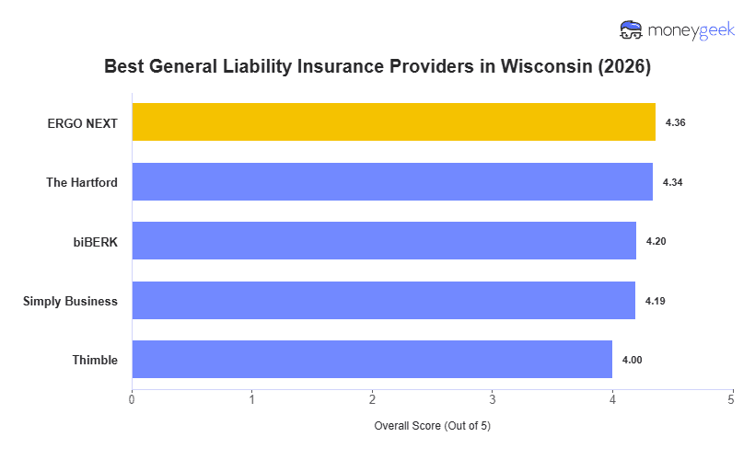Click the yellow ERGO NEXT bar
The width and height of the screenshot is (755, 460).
click(393, 122)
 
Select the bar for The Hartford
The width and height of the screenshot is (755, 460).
click(392, 182)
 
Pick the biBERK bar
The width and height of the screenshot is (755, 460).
click(384, 241)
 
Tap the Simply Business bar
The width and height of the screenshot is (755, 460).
click(383, 301)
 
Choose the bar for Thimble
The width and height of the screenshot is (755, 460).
click(372, 360)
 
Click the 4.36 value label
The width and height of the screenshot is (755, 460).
click(675, 122)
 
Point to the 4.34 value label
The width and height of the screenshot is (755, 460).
click(672, 182)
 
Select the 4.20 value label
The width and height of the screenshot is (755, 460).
click(656, 241)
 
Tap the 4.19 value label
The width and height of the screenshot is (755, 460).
click(655, 301)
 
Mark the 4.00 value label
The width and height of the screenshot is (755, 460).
click(632, 360)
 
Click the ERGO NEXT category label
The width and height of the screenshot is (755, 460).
click(83, 122)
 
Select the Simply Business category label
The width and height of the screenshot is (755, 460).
click(70, 301)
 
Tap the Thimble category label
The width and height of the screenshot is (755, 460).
click(95, 360)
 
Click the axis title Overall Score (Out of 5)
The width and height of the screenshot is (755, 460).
click(432, 427)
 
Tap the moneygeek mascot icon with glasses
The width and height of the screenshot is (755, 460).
click(632, 30)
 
